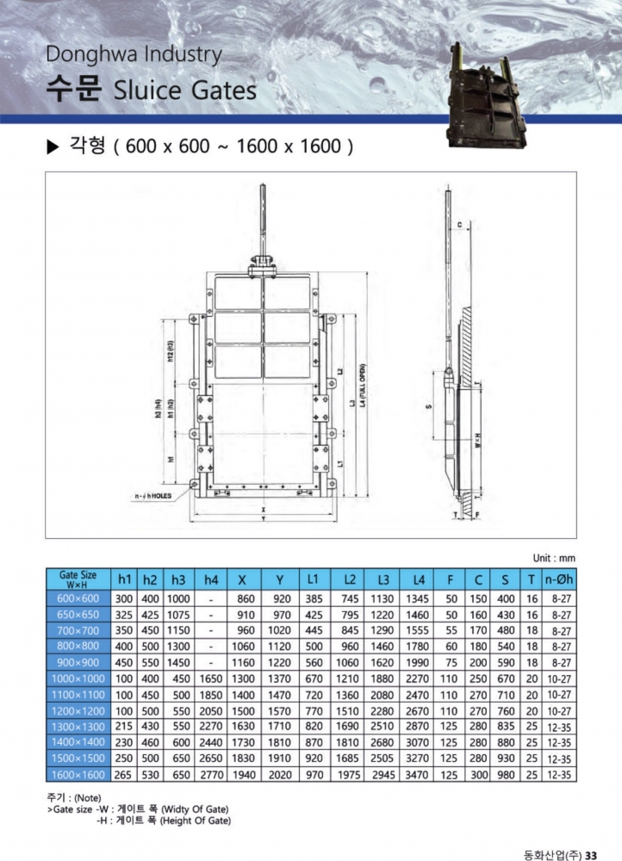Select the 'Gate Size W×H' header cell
pos(78,579)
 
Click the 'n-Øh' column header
pos(559,579)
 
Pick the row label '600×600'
pos(78,598)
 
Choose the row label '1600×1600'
pos(78,775)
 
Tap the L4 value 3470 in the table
pos(417,775)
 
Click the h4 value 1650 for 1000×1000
pos(211,678)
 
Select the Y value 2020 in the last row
pos(281,775)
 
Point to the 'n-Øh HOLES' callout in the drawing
pos(152,496)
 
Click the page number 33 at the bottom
pos(591,855)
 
